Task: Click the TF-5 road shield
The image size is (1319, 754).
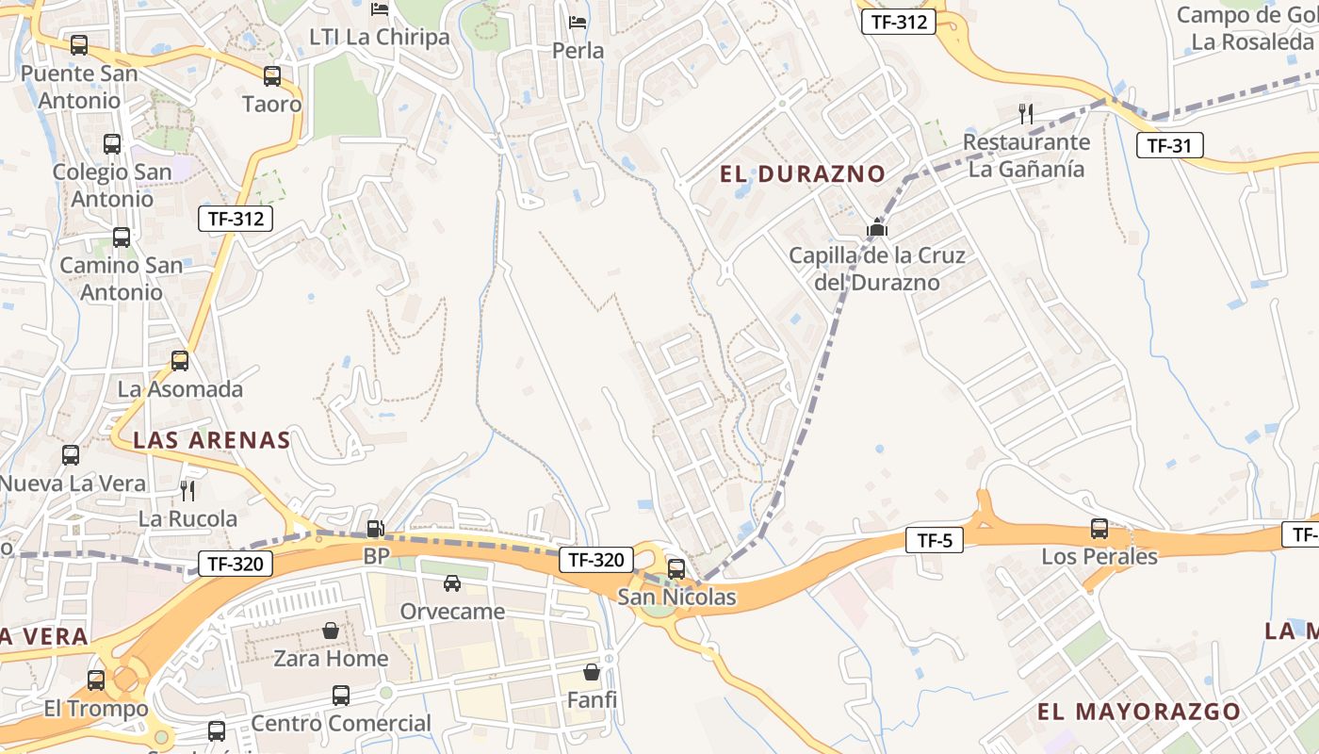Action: pyautogui.click(x=934, y=541)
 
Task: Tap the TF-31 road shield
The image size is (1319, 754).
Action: pyautogui.click(x=1169, y=146)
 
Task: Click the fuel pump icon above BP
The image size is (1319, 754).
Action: pyautogui.click(x=375, y=530)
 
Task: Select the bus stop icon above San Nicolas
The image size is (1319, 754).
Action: pyautogui.click(x=676, y=569)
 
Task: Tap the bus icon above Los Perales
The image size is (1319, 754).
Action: pyautogui.click(x=1099, y=529)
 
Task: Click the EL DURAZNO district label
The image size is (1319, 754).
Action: pyautogui.click(x=803, y=174)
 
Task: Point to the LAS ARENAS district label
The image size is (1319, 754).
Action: pyautogui.click(x=212, y=440)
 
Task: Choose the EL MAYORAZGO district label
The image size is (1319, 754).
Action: pyautogui.click(x=1139, y=712)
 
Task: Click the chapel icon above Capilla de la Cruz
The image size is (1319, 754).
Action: pyautogui.click(x=877, y=228)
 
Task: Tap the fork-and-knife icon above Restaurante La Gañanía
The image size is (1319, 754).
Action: pyautogui.click(x=1026, y=115)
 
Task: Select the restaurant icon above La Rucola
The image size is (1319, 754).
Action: pyautogui.click(x=187, y=491)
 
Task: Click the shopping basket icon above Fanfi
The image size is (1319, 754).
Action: pyautogui.click(x=592, y=673)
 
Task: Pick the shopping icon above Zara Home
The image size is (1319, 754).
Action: pyautogui.click(x=331, y=631)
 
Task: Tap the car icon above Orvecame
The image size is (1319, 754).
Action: pyautogui.click(x=452, y=583)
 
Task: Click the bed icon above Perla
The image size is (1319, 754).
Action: pyautogui.click(x=578, y=23)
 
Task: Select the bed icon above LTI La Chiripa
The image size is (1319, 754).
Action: pyautogui.click(x=380, y=10)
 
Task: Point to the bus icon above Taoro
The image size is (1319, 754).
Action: pyautogui.click(x=272, y=76)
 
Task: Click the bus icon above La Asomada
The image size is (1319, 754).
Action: pyautogui.click(x=180, y=361)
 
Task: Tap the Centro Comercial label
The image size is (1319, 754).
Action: pyautogui.click(x=341, y=724)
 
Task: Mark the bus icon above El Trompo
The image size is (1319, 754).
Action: pyautogui.click(x=96, y=680)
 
